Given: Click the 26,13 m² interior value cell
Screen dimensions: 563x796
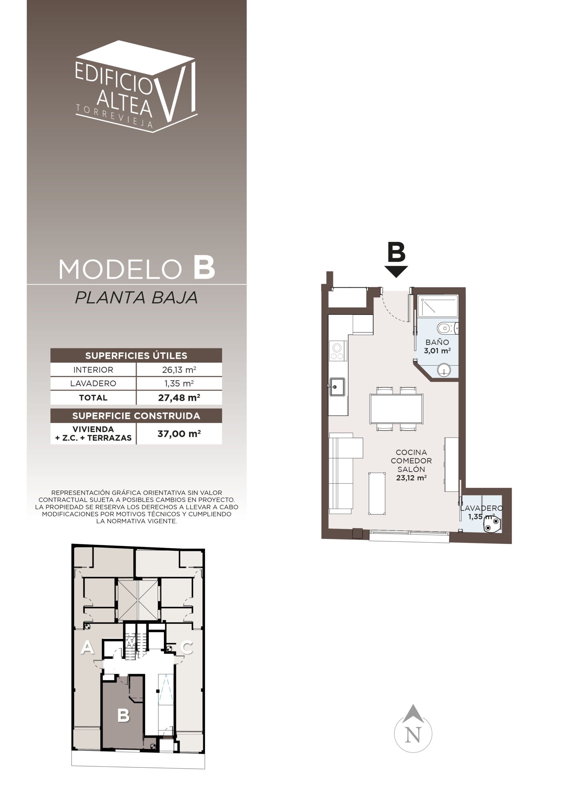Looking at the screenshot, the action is (179, 370).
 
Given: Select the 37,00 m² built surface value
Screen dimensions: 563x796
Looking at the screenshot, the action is (179, 433).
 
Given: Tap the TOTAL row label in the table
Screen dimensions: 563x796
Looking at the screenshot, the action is (93, 398).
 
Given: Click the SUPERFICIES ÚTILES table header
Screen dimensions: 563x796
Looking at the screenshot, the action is (136, 355).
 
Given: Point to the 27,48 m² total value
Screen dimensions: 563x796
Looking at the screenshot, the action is (179, 398).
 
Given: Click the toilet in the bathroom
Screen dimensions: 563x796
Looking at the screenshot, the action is (448, 327).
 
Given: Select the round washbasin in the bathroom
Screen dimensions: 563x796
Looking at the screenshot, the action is (444, 370).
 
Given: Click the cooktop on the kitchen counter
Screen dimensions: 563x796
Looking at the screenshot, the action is (337, 351).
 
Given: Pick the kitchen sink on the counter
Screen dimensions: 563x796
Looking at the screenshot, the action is (337, 387).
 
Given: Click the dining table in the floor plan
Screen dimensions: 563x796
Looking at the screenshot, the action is (396, 409).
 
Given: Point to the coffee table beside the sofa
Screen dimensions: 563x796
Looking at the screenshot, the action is (377, 493).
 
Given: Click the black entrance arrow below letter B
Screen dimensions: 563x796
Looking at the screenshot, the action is (396, 271).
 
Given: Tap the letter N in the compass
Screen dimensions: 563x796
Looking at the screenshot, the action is (413, 735).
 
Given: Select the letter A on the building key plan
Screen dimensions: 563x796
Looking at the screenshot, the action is (87, 647).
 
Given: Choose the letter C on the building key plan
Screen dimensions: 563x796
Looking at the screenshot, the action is (187, 647).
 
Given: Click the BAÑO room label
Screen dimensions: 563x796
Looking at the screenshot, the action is (437, 342).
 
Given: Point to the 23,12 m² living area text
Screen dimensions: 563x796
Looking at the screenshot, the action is (411, 478).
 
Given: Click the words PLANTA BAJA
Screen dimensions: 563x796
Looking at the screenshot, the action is (136, 298).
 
